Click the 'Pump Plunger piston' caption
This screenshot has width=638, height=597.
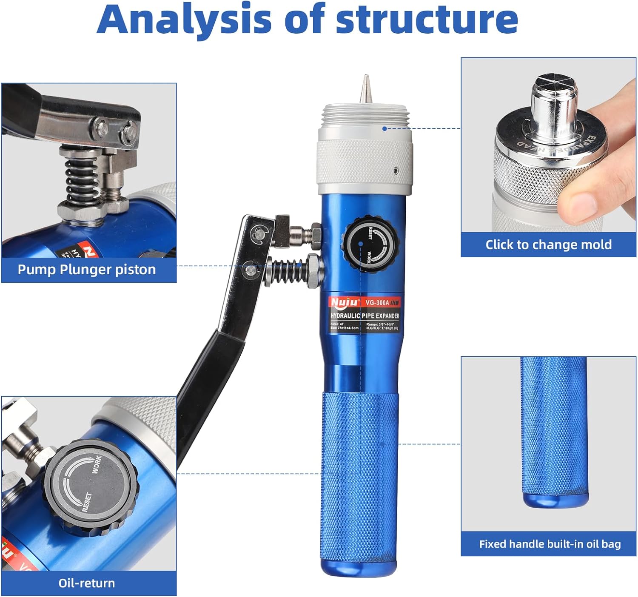point(87,270)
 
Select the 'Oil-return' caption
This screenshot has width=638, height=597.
point(87,583)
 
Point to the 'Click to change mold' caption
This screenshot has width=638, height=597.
point(548,244)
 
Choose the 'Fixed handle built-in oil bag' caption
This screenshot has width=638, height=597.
point(550,544)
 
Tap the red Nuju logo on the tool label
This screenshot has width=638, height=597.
point(344,302)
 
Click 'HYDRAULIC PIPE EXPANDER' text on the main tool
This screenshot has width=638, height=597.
point(365,316)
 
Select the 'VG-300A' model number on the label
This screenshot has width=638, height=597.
point(377,303)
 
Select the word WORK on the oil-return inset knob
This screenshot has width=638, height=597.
point(97,465)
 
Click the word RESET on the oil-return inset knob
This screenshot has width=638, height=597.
point(87,502)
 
